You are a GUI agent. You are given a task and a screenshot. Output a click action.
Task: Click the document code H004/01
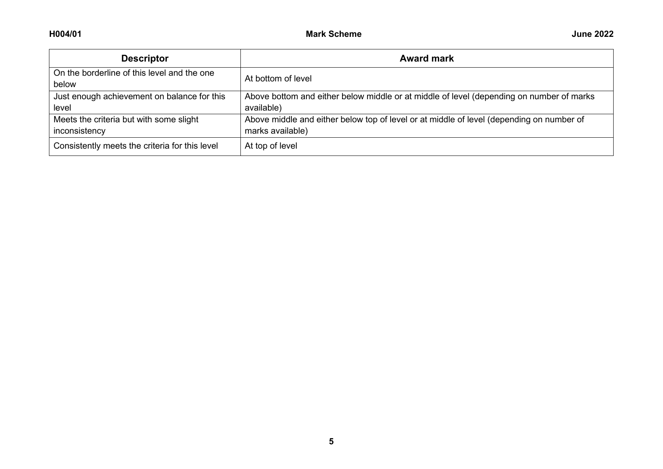(65, 34)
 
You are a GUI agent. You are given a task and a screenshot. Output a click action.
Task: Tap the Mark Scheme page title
(334, 34)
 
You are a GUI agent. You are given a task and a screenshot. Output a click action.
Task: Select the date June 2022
(592, 34)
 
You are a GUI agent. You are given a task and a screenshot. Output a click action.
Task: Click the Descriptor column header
(144, 58)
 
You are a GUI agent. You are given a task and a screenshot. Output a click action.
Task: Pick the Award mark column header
(427, 58)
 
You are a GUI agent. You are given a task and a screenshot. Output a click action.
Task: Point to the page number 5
(331, 441)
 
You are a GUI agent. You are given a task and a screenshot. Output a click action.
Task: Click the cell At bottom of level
(278, 79)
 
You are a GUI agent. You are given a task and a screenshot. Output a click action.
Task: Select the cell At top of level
(271, 146)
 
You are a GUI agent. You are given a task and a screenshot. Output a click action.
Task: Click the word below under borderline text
(65, 84)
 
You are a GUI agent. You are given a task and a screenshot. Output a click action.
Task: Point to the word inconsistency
(79, 131)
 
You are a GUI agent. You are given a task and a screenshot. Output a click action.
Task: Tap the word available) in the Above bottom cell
(263, 108)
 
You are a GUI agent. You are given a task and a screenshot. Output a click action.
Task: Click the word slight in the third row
(187, 119)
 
